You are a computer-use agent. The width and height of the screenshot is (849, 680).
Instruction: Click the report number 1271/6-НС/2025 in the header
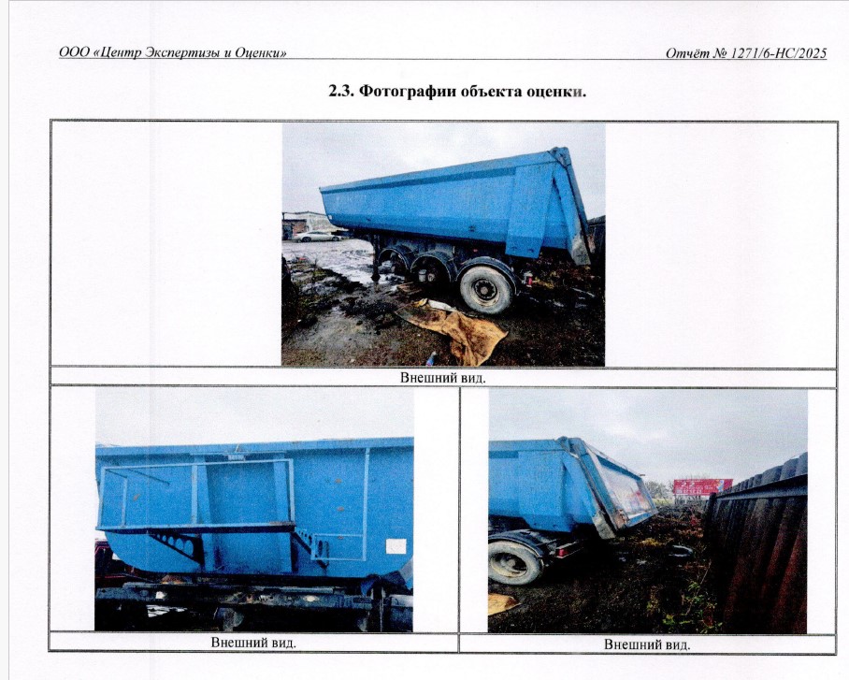tap(779, 53)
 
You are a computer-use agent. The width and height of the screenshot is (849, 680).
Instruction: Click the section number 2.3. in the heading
tap(341, 91)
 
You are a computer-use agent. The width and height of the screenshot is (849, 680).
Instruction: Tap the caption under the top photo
tap(443, 378)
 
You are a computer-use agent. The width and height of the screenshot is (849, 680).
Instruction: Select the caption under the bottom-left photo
tap(253, 643)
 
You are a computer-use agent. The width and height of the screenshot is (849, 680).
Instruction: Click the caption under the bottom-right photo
tap(647, 644)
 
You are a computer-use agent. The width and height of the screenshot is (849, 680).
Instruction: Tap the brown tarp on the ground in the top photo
tap(454, 331)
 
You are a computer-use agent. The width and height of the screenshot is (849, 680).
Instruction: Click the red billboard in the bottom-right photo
tap(703, 486)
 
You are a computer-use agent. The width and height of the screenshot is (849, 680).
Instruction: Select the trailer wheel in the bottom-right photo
tap(514, 561)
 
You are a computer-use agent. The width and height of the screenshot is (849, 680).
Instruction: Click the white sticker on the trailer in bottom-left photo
tap(396, 546)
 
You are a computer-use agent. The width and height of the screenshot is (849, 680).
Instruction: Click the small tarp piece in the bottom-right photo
tap(501, 603)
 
